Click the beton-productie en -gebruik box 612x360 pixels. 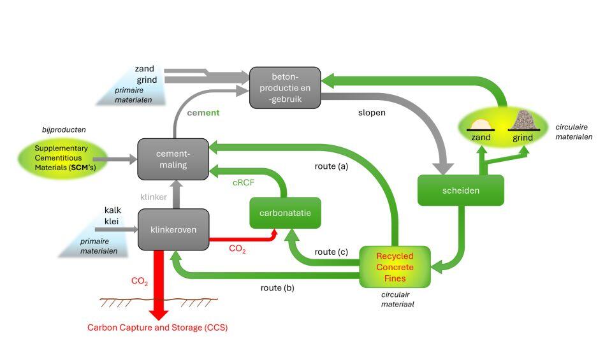click(284, 86)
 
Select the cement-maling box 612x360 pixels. click(173, 159)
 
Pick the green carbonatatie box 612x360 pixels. click(285, 213)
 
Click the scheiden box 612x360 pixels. click(460, 190)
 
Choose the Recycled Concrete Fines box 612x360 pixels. click(395, 266)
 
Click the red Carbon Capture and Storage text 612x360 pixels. click(157, 328)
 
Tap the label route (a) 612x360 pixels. click(331, 167)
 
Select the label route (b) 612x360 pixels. click(278, 287)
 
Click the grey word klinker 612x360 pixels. click(154, 197)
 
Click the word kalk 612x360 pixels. click(112, 210)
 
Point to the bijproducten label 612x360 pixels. click(61, 129)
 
